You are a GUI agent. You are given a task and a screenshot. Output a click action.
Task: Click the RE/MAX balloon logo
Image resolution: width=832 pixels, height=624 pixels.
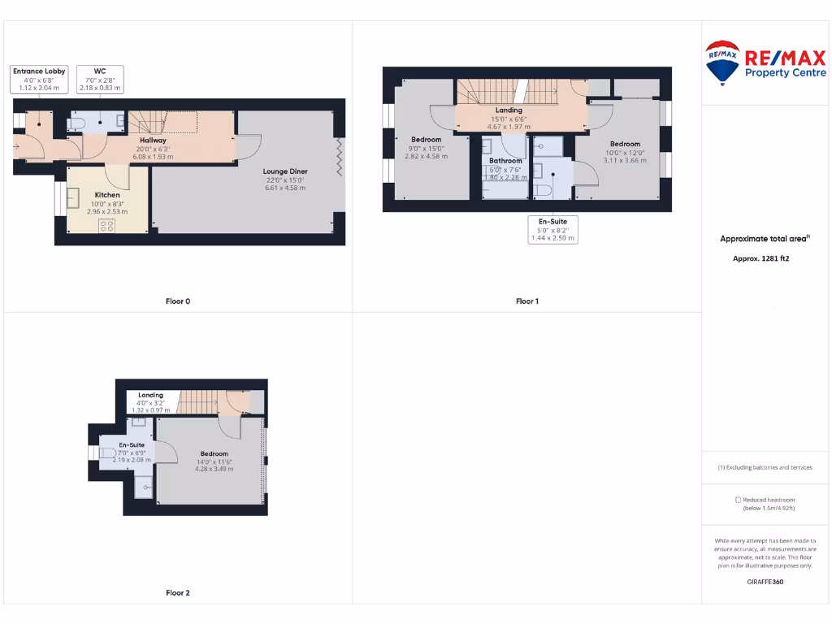[x=721, y=63]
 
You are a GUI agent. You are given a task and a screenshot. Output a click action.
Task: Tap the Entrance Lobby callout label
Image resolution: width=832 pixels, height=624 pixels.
[x=39, y=79]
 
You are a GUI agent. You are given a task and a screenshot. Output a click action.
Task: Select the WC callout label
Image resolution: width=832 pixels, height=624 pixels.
[x=100, y=79]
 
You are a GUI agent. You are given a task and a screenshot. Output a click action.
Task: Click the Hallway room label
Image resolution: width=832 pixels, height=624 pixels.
[x=153, y=141]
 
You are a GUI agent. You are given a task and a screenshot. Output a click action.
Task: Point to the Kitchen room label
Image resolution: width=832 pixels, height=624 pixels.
[x=107, y=195]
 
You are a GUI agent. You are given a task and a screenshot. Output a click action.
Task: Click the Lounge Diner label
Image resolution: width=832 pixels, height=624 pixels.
[x=285, y=171]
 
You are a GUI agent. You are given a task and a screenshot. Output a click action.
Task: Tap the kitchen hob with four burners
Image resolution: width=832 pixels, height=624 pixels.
[x=106, y=226]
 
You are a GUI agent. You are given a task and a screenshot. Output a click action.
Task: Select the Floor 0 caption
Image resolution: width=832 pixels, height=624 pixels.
[x=178, y=301]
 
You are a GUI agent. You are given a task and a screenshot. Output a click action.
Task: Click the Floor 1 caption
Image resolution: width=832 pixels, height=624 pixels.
[x=527, y=301]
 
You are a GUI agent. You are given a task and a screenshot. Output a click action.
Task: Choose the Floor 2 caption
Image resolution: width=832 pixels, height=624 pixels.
[x=178, y=593]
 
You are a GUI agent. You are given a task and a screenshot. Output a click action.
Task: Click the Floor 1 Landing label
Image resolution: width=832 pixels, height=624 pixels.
[x=509, y=110]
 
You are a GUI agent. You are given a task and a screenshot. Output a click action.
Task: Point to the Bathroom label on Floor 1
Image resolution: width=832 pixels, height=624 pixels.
[x=505, y=161]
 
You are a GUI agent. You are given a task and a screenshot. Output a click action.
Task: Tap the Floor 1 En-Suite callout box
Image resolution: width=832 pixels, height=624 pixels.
[x=552, y=229]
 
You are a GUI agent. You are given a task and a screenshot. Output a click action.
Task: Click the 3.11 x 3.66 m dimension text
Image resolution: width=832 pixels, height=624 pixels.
[x=625, y=161]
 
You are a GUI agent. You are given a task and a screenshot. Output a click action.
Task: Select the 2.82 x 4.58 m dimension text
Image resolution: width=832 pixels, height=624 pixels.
[x=426, y=156]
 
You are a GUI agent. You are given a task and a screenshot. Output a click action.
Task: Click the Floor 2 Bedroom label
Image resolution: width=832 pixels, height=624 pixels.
[x=214, y=453]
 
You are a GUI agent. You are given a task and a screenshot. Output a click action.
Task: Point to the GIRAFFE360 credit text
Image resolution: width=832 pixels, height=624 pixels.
[x=766, y=582]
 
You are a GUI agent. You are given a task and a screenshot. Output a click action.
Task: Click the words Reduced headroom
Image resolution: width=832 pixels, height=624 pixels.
[x=769, y=500]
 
